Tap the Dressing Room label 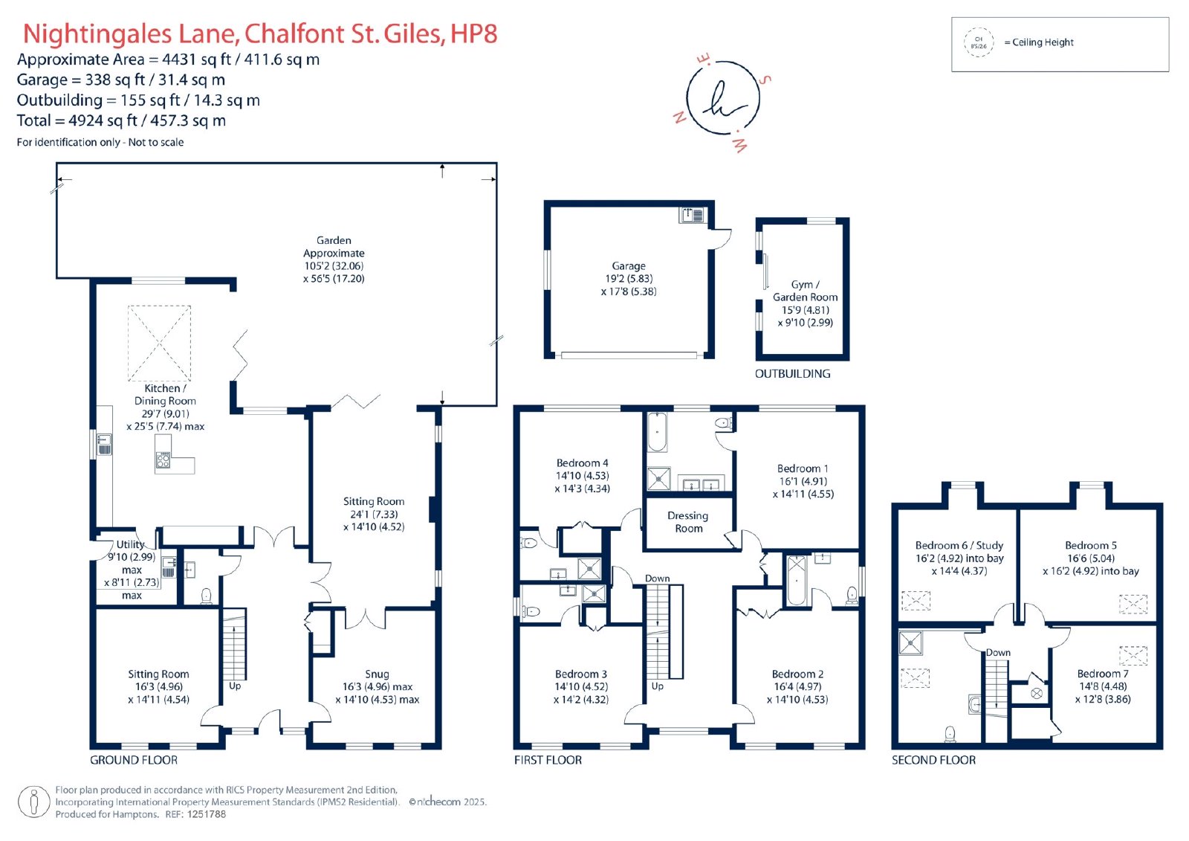[x=688, y=522]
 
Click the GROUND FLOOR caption [x=134, y=760]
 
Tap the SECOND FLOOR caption [x=933, y=760]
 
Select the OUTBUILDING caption [x=792, y=373]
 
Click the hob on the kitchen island [x=163, y=460]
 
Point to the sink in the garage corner [x=692, y=215]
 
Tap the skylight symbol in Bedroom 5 [x=1133, y=604]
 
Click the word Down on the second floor [x=998, y=652]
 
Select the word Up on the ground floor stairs [x=235, y=686]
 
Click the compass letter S [x=765, y=80]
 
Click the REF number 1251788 [x=206, y=814]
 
